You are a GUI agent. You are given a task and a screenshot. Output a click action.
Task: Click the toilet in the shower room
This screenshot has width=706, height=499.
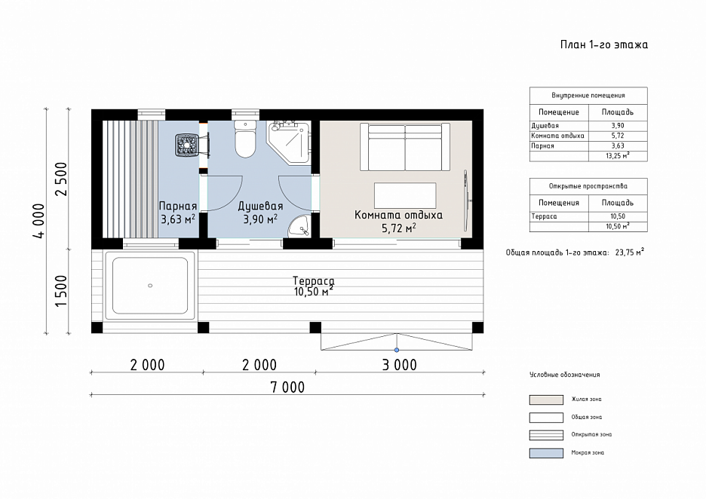pyautogui.click(x=245, y=139)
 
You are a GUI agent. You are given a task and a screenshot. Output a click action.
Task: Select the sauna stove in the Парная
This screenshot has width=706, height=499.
pyautogui.click(x=187, y=145)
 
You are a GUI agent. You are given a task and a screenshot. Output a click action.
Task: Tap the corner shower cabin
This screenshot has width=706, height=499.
pyautogui.click(x=289, y=142)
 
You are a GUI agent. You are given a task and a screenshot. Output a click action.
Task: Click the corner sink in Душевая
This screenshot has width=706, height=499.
pyautogui.click(x=299, y=226)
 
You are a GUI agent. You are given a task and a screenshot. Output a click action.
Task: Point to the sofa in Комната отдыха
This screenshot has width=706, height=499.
pyautogui.click(x=405, y=147)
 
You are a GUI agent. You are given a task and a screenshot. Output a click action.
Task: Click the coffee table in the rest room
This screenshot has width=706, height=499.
pyautogui.click(x=405, y=195)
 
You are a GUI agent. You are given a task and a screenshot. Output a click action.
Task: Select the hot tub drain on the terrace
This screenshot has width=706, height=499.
pyautogui.click(x=150, y=286)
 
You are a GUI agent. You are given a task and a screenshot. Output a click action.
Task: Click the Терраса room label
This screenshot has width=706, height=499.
pyautogui.click(x=313, y=280)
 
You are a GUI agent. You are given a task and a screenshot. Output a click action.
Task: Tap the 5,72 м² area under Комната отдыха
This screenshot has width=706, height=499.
pyautogui.click(x=398, y=228)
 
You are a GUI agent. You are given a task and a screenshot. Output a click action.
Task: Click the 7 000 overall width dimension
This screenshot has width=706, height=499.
pyautogui.click(x=287, y=387)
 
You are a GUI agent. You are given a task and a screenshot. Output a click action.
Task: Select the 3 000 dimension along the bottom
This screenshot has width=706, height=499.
pyautogui.click(x=399, y=365)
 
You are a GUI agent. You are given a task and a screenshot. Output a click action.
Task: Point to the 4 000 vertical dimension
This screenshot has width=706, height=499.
pyautogui.click(x=39, y=221)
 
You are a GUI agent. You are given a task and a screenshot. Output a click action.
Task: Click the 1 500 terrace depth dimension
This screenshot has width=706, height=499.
pyautogui.click(x=61, y=291)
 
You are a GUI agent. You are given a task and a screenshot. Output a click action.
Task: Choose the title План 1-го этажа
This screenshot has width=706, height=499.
pyautogui.click(x=603, y=44)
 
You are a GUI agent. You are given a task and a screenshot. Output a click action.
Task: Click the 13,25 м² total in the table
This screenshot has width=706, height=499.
pyautogui.click(x=618, y=156)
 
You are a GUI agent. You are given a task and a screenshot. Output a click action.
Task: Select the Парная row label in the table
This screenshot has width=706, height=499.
pyautogui.click(x=542, y=145)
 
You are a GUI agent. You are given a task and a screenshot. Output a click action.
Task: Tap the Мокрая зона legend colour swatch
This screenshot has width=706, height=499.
pyautogui.click(x=546, y=453)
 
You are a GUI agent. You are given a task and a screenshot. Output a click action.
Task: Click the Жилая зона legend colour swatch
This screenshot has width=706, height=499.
pyautogui.click(x=546, y=400)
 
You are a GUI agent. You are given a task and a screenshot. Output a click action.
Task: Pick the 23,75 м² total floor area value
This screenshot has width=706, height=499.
pyautogui.click(x=630, y=252)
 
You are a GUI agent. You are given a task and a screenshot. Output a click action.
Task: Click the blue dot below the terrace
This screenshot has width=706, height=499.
pyautogui.click(x=397, y=350)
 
